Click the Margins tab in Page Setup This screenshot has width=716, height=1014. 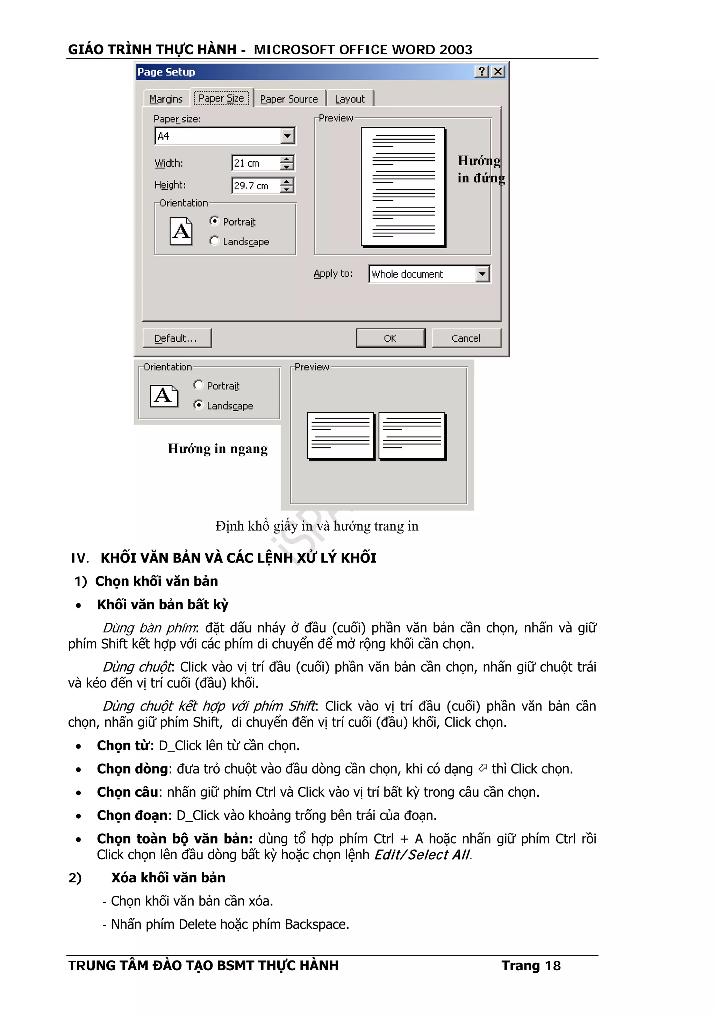(165, 99)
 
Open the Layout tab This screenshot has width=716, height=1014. (349, 99)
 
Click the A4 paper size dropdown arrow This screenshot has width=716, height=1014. (287, 136)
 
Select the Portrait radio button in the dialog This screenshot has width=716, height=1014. (214, 221)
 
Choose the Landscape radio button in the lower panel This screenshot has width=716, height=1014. (199, 405)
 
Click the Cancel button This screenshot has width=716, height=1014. (466, 338)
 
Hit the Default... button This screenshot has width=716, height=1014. (177, 338)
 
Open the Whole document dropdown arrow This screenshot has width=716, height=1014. (482, 274)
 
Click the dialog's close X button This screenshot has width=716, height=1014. (498, 71)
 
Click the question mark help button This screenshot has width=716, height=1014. (482, 71)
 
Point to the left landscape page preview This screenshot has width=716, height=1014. (341, 436)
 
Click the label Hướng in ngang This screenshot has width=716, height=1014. (217, 449)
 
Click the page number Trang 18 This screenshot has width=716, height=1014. (531, 965)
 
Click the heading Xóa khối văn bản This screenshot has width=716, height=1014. (168, 877)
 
